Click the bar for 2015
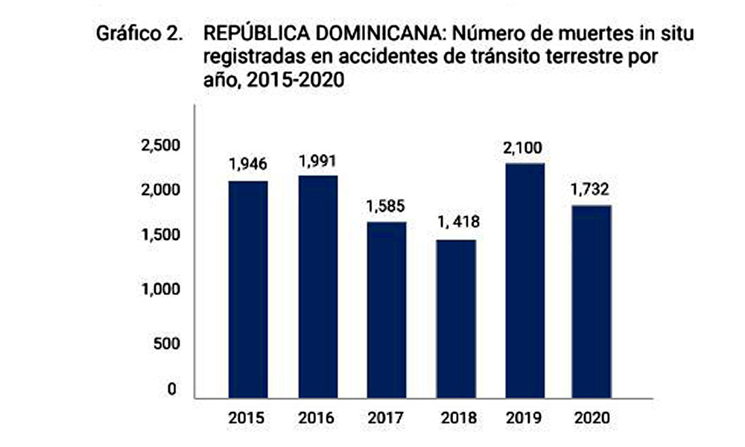point(248,289)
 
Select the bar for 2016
point(318,286)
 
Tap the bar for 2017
point(386,310)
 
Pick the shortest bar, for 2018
point(456,319)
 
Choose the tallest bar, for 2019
point(525,280)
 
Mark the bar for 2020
point(592,302)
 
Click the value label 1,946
point(248,165)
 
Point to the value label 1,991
point(317,162)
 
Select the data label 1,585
point(385,206)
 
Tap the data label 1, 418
point(458,222)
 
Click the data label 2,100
point(523,148)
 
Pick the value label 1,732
point(589,189)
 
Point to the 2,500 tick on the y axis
point(161,145)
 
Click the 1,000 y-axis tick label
point(161,289)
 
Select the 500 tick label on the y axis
point(166,343)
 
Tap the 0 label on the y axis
point(171,389)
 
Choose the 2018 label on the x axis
point(458,418)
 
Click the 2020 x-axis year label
point(592,418)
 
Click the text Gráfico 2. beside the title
point(139,34)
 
